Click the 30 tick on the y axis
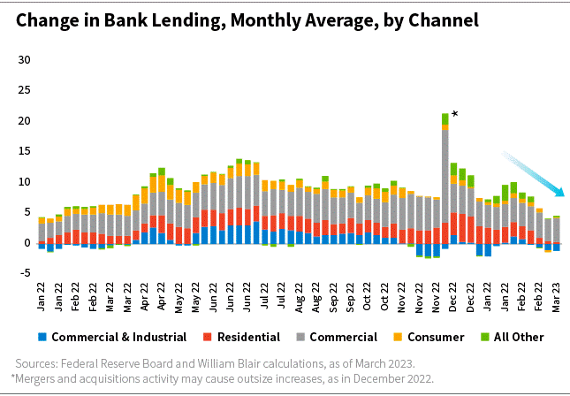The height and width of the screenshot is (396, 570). [24, 60]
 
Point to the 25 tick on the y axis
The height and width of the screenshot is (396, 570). [24, 90]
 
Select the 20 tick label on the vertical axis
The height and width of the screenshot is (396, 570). [24, 121]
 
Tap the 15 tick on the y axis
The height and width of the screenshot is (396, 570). [24, 151]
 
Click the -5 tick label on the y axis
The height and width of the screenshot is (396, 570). [24, 272]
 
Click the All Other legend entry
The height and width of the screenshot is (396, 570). [513, 337]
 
